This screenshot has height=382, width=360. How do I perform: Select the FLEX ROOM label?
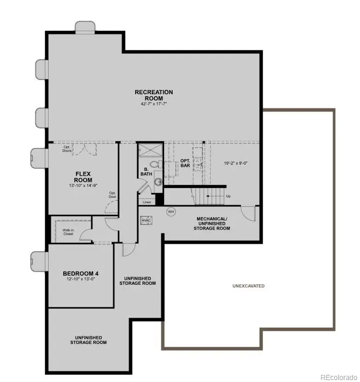pos(83,177)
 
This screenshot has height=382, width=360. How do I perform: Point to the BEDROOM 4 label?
pos(80,274)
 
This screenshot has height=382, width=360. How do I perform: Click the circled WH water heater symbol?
pos(171,212)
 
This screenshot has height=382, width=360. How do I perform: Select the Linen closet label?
pos(146,202)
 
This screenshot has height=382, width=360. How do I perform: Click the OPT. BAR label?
pos(185,163)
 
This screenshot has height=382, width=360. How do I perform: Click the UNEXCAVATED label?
pos(248,286)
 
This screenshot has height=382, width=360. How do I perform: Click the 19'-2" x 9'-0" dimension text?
pos(236,163)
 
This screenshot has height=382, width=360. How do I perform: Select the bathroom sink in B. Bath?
pos(158,181)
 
